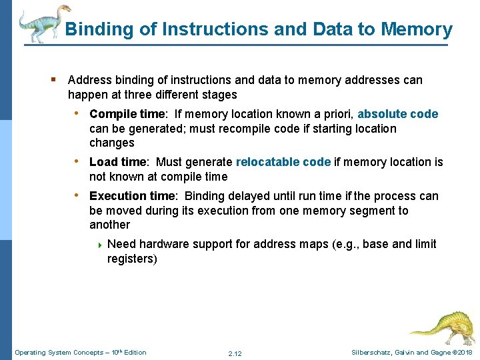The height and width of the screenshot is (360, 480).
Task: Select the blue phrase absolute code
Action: pyautogui.click(x=398, y=114)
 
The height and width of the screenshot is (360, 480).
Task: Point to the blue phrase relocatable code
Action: pyautogui.click(x=283, y=162)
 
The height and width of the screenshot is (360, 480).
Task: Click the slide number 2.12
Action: pyautogui.click(x=235, y=353)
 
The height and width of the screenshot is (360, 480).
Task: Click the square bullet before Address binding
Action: pyautogui.click(x=53, y=80)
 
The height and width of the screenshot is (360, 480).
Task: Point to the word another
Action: pyautogui.click(x=109, y=225)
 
